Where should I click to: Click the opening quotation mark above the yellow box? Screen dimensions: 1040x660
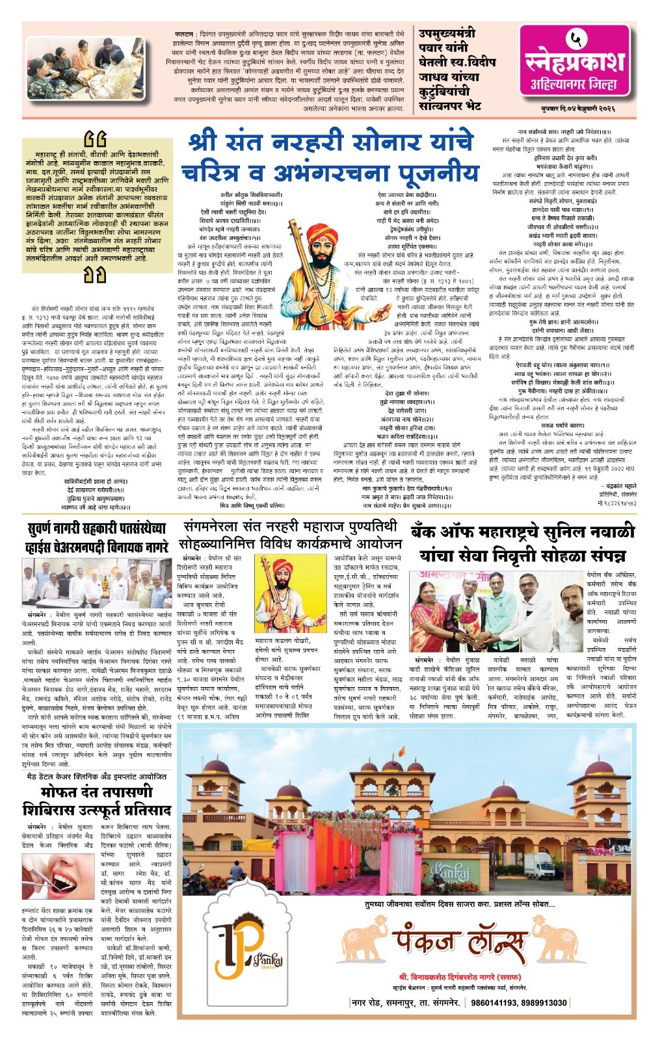pos(95,138)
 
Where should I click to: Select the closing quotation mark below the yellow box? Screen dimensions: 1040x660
pos(95,276)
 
